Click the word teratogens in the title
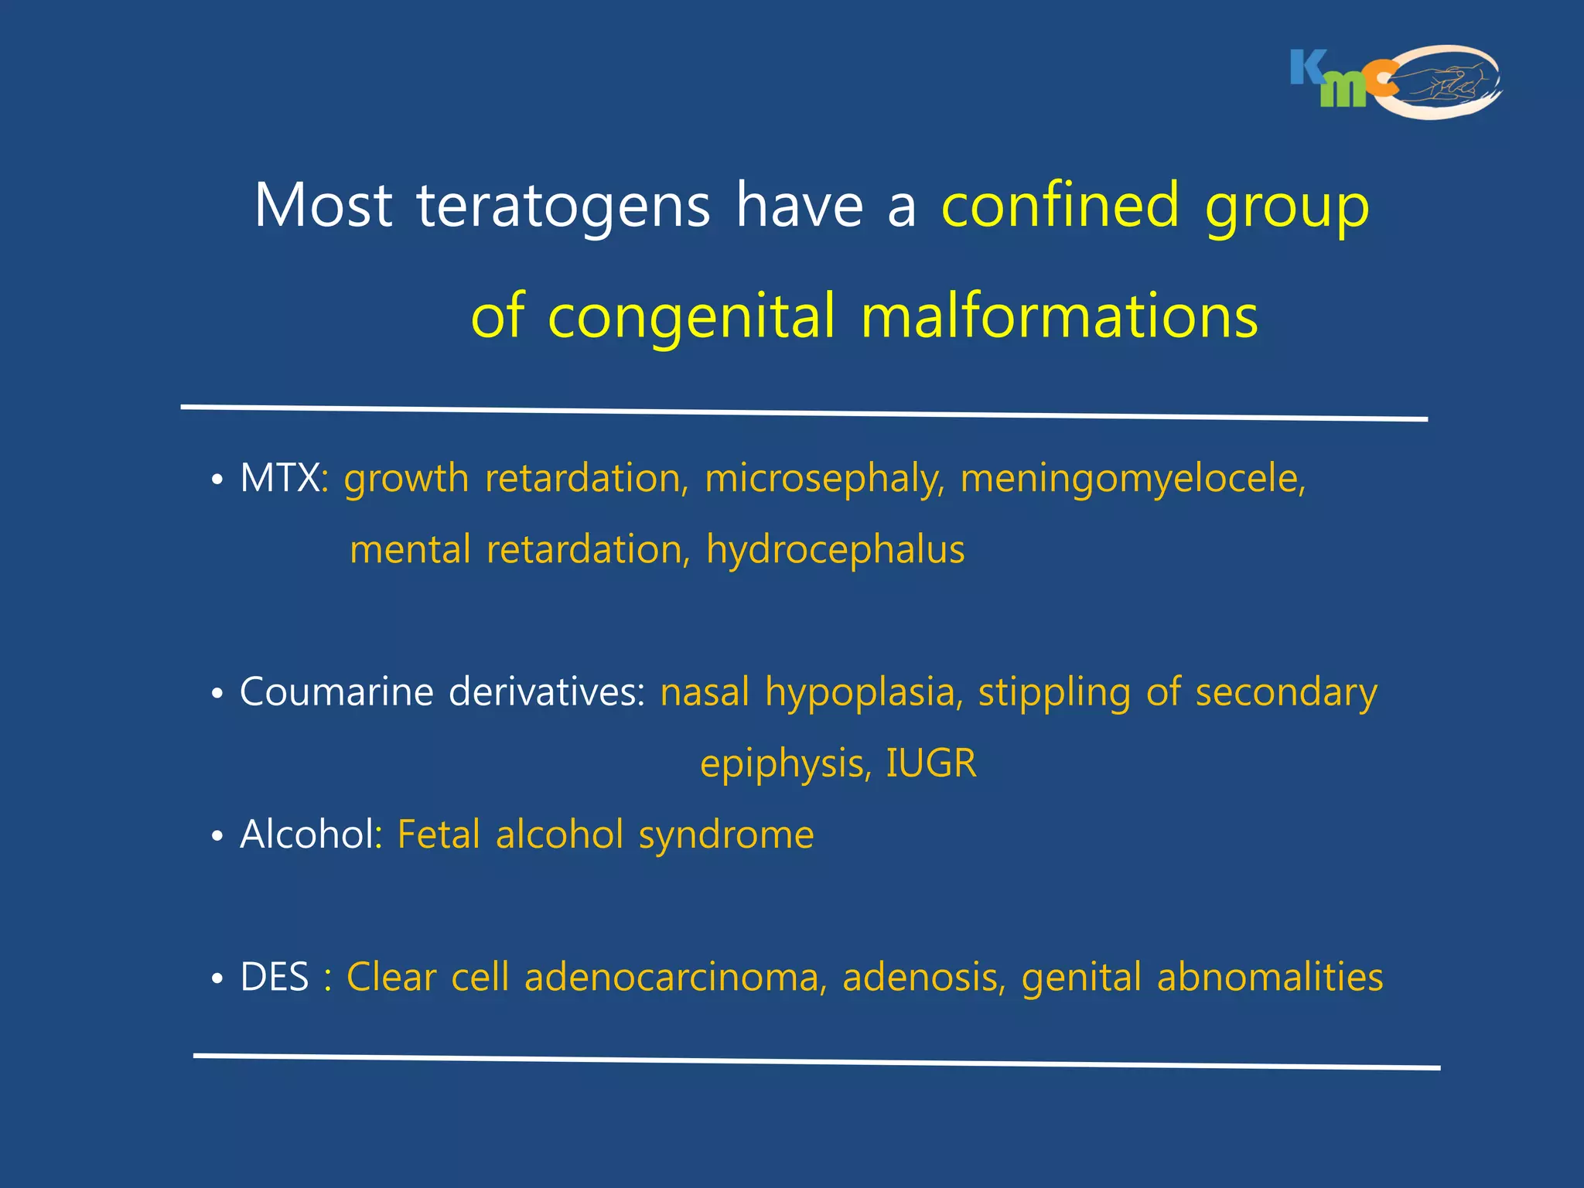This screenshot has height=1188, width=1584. (x=563, y=206)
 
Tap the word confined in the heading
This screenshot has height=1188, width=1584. (x=1060, y=206)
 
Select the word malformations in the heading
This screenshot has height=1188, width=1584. (x=1059, y=316)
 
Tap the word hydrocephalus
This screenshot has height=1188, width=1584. (x=835, y=550)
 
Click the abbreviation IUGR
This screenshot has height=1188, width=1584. (x=931, y=763)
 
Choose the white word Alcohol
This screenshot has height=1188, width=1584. (x=307, y=835)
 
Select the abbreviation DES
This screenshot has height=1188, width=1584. (x=275, y=977)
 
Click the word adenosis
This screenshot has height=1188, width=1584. (x=923, y=977)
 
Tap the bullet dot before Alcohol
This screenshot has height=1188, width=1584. (x=217, y=837)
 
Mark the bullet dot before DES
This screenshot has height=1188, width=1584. (x=217, y=979)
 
